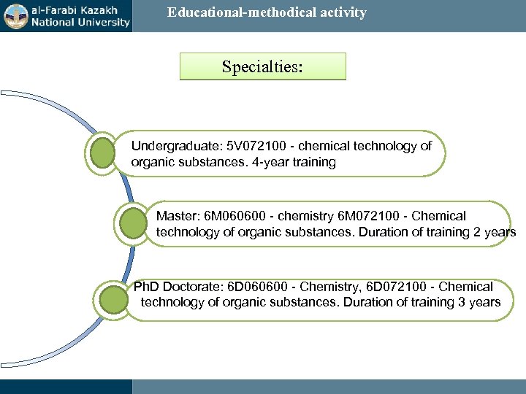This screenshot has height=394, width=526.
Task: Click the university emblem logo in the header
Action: pyautogui.click(x=15, y=15)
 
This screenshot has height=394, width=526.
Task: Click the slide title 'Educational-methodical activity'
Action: pyautogui.click(x=267, y=12)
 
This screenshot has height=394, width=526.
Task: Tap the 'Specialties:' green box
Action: pyautogui.click(x=262, y=66)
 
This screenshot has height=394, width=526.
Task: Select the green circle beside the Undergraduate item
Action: pyautogui.click(x=102, y=153)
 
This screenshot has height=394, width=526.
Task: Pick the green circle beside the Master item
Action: pyautogui.click(x=132, y=223)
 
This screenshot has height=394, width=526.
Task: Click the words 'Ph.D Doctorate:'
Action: pyautogui.click(x=175, y=287)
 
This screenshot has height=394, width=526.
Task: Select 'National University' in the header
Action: pyautogui.click(x=80, y=22)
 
